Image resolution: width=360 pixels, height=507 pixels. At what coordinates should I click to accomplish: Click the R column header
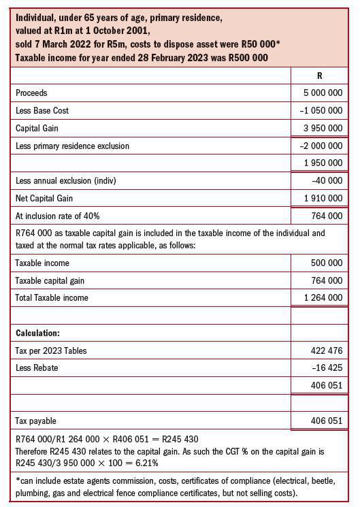tap(319, 76)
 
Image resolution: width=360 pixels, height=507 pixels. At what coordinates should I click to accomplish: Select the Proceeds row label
tap(31, 93)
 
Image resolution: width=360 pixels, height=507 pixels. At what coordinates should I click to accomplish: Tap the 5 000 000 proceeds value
tap(323, 93)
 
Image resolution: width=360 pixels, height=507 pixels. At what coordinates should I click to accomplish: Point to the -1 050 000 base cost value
tap(321, 111)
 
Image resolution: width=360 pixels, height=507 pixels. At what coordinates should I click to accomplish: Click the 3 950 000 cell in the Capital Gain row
tap(323, 129)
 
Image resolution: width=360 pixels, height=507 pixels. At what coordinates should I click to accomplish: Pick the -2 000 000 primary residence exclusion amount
tap(321, 146)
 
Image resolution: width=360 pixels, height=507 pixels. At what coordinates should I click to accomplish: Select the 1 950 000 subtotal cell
tap(323, 163)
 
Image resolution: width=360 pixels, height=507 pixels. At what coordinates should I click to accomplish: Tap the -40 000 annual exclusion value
tap(327, 181)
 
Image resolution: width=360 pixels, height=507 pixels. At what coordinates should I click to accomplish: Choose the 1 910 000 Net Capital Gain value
tap(323, 199)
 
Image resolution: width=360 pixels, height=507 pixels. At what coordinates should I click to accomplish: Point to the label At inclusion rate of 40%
tap(57, 216)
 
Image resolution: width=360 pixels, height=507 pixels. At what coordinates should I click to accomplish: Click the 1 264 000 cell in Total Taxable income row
tap(323, 298)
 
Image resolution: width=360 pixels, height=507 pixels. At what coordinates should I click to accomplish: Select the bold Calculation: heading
tap(38, 333)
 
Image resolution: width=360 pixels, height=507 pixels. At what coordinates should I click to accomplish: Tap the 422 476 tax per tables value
tap(327, 351)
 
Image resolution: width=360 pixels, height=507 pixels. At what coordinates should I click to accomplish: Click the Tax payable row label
tap(35, 421)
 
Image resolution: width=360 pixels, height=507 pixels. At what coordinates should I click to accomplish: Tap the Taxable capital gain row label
tap(50, 280)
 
